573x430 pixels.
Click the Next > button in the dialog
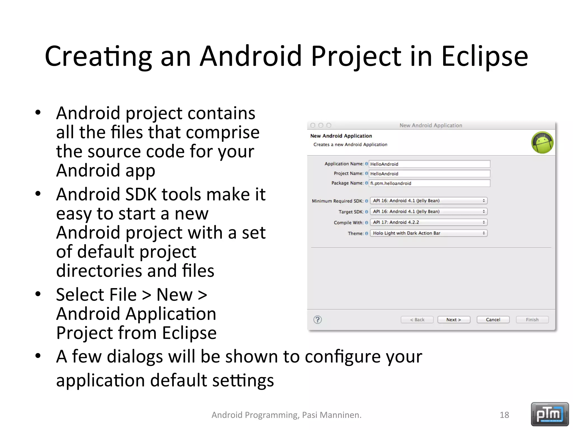[454, 320]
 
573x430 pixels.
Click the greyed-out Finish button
[532, 320]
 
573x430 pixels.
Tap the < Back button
[417, 320]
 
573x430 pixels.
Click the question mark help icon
[318, 320]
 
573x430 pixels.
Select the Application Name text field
[429, 164]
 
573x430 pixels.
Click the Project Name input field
[429, 174]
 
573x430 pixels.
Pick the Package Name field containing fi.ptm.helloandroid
[429, 183]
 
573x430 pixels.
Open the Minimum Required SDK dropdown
[428, 201]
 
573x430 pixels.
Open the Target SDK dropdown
[428, 212]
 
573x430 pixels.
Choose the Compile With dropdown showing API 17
[428, 222]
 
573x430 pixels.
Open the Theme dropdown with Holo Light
[428, 233]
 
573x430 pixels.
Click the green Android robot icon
[542, 143]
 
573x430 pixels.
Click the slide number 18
[504, 415]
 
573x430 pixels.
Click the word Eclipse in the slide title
[485, 57]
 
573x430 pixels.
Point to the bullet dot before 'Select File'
[38, 294]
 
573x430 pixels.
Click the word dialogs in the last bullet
[135, 357]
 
